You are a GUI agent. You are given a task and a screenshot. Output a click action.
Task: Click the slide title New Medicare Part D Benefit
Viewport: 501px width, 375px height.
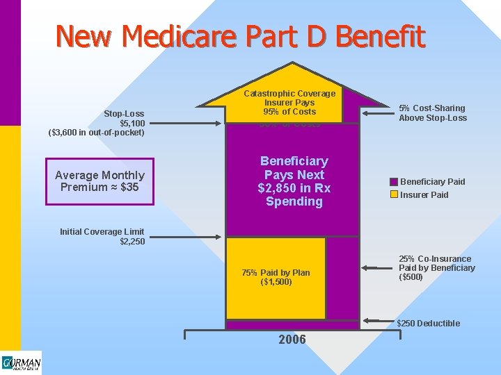pos(240,36)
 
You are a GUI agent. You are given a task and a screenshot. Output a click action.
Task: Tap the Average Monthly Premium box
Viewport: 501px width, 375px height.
pos(100,181)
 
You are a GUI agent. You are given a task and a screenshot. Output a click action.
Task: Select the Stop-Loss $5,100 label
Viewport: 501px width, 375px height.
pos(124,118)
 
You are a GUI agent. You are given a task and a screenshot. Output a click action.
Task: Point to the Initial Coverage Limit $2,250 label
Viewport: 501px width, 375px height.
pos(102,237)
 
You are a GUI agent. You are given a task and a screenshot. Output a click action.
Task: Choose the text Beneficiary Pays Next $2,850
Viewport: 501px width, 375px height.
pos(294,181)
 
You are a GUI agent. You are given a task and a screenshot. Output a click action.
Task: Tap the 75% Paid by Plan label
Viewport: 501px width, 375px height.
pos(276,277)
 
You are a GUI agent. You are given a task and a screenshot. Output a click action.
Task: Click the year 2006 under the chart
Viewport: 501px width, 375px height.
pos(292,340)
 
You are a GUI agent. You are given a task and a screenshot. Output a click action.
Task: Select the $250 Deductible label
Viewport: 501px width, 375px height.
pos(428,323)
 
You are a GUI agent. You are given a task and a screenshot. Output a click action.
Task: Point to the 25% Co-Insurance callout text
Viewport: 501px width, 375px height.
pos(437,268)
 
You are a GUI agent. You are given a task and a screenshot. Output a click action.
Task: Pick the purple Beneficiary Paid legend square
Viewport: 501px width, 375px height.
pos(394,182)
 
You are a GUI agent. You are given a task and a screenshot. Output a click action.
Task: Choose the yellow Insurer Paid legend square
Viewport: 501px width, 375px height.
pos(394,194)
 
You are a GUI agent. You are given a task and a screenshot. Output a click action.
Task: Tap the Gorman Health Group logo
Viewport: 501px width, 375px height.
pos(21,363)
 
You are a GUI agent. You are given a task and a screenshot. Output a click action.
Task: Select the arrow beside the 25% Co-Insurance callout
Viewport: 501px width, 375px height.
pos(376,267)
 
